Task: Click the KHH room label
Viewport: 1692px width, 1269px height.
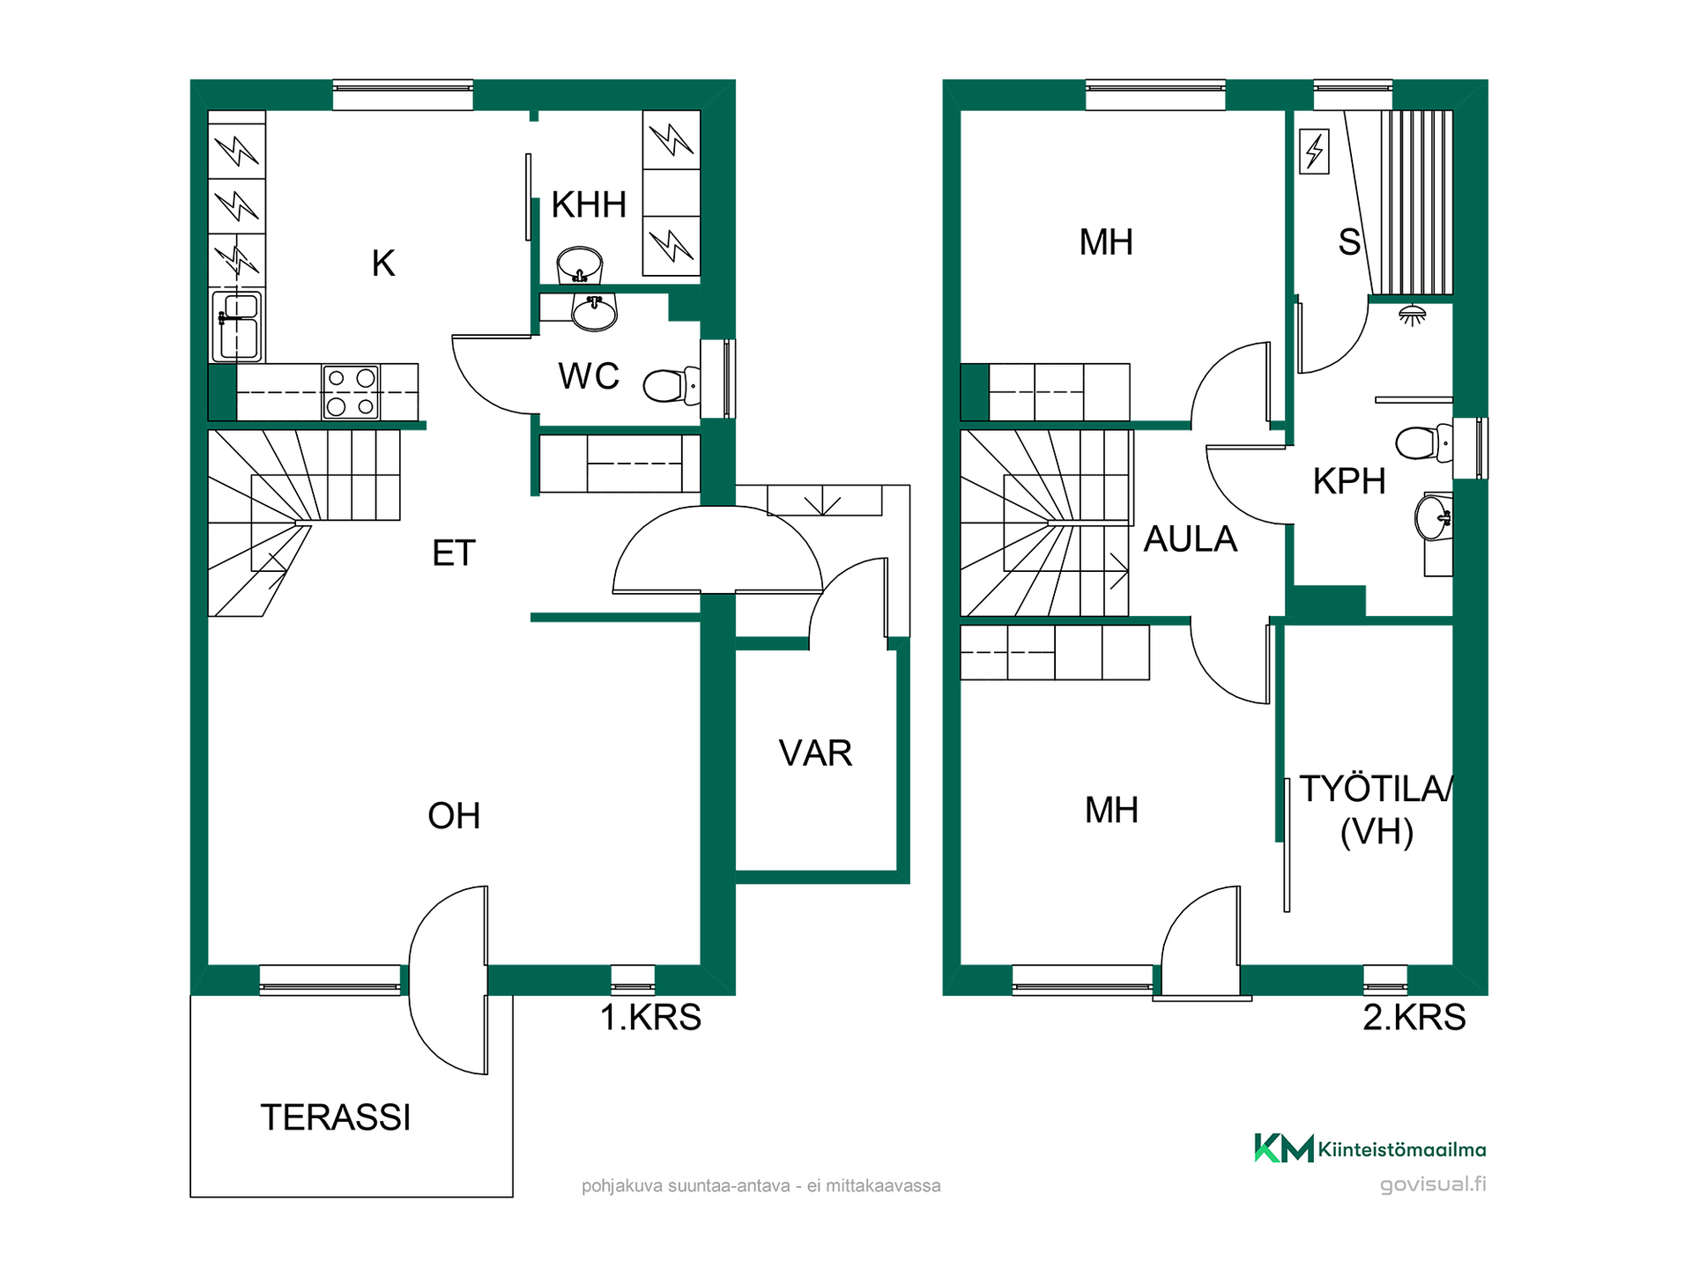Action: tap(589, 204)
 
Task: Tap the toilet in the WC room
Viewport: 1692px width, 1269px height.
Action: tap(672, 385)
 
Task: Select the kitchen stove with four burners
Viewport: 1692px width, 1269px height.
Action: tap(351, 391)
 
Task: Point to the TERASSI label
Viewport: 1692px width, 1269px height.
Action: tap(336, 1117)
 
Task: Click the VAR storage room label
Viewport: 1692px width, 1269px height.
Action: tap(815, 753)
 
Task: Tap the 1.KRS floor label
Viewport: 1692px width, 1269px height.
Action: tap(650, 1017)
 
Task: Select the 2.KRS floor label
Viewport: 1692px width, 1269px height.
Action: tap(1414, 1017)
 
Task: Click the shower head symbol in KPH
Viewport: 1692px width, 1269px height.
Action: tap(1413, 315)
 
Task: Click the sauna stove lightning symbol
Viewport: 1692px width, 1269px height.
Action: tap(1314, 151)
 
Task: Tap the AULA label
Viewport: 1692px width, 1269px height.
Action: tap(1191, 539)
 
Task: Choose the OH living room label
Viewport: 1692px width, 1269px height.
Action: tap(454, 816)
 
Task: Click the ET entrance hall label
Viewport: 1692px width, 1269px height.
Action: tap(454, 553)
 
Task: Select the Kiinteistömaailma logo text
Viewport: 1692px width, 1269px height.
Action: tap(1402, 1149)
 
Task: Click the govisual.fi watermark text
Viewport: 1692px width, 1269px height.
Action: tap(1433, 1184)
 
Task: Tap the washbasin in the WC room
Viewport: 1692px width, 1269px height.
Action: tap(594, 312)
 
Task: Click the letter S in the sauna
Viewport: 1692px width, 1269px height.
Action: tap(1349, 241)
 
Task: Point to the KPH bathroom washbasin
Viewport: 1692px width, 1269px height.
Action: tap(1434, 517)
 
